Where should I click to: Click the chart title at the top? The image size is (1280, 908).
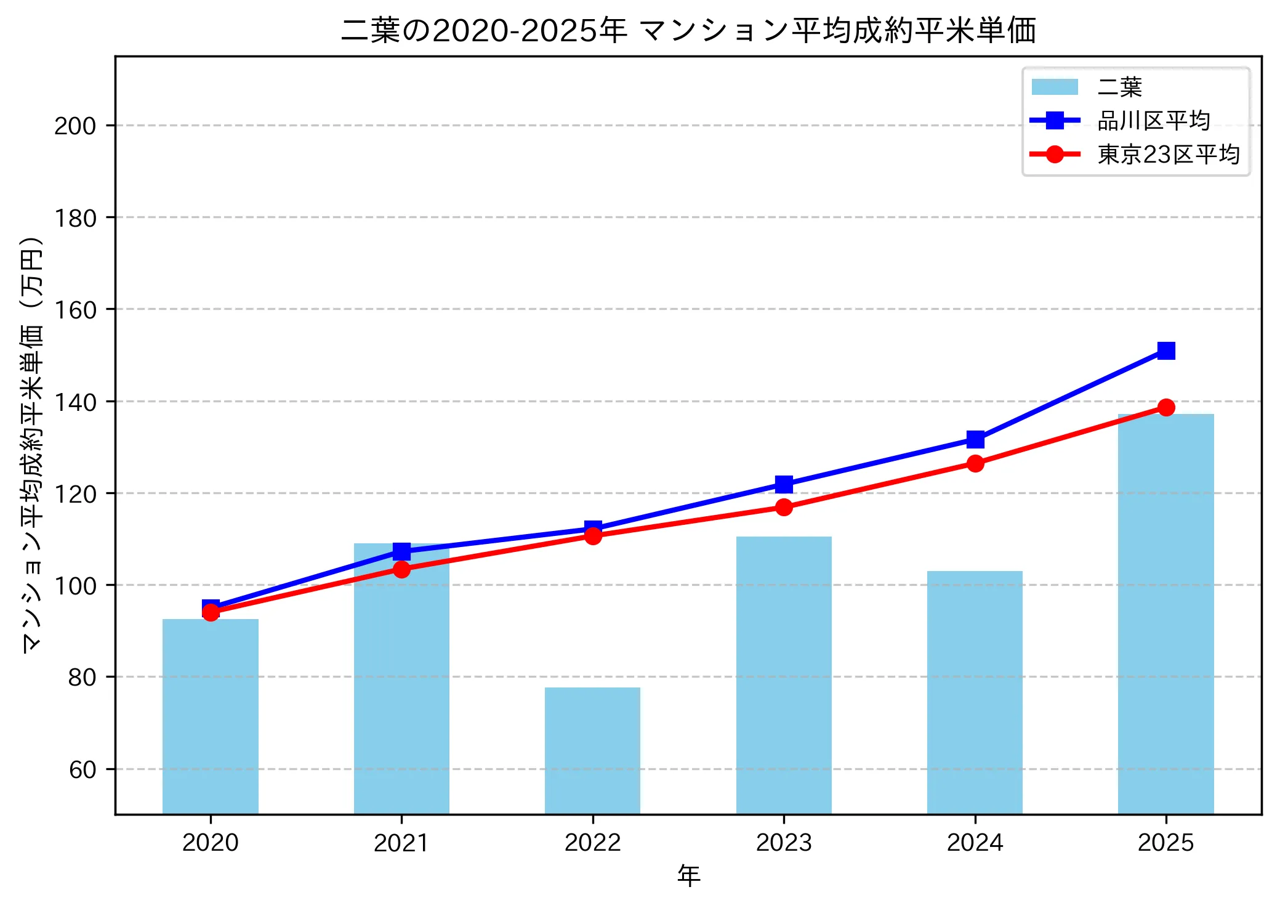688,31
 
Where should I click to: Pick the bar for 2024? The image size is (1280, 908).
975,692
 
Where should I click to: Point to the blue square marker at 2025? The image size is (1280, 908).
1165,351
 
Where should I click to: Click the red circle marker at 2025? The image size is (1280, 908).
1165,407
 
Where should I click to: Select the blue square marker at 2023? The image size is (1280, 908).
784,484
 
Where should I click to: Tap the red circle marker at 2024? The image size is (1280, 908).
975,463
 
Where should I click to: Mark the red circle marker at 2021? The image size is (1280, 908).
401,569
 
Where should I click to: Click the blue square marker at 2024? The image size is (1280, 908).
975,439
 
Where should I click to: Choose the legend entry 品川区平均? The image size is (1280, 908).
1153,121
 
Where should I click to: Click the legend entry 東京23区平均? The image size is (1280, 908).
1168,155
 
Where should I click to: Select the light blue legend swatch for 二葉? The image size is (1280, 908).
1055,87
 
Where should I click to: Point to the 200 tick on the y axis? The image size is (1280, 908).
75,126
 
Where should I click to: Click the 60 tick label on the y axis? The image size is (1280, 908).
83,769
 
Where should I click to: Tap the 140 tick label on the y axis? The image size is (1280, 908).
75,402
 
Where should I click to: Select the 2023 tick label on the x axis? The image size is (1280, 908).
784,843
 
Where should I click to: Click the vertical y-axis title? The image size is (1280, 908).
32,444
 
